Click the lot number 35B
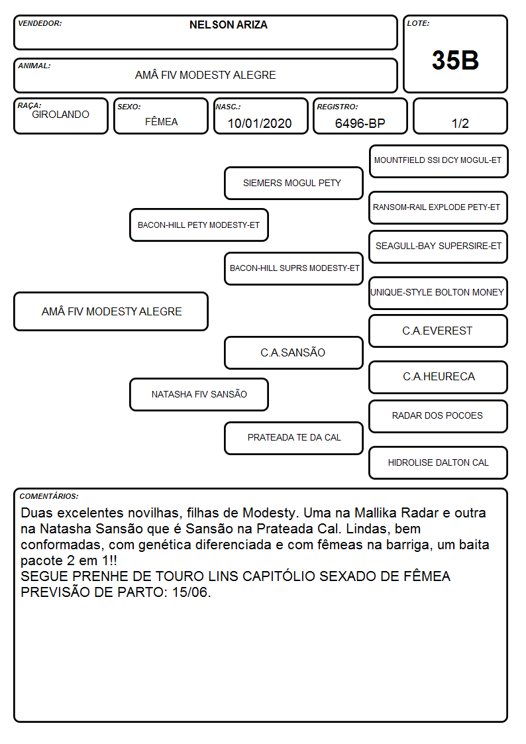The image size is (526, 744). pos(455,60)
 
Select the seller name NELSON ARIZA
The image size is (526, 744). pos(228,25)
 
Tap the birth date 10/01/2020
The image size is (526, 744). pos(260,123)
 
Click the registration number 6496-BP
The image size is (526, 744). pos(360,123)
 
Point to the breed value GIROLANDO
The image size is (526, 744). pos(60,115)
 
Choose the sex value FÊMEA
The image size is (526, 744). pos(161,121)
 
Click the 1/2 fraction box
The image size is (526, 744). pos(460,116)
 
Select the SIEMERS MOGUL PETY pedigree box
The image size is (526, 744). pos(293,183)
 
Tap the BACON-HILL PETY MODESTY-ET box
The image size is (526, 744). pos(199,225)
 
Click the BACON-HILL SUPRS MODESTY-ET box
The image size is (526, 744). pos(293,268)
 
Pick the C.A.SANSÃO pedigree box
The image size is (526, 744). pos(293,352)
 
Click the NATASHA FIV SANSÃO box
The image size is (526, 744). pos(199,394)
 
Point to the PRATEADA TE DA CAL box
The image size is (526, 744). pos(293,438)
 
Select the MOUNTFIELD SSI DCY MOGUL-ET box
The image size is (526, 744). pos(439,162)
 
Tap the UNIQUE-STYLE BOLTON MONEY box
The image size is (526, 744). pos(438,293)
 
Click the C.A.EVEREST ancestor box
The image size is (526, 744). pos(438,331)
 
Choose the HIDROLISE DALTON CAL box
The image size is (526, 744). pos(438,462)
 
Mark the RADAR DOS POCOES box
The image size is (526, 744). pos(438,416)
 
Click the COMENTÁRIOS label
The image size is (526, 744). pos(49,496)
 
